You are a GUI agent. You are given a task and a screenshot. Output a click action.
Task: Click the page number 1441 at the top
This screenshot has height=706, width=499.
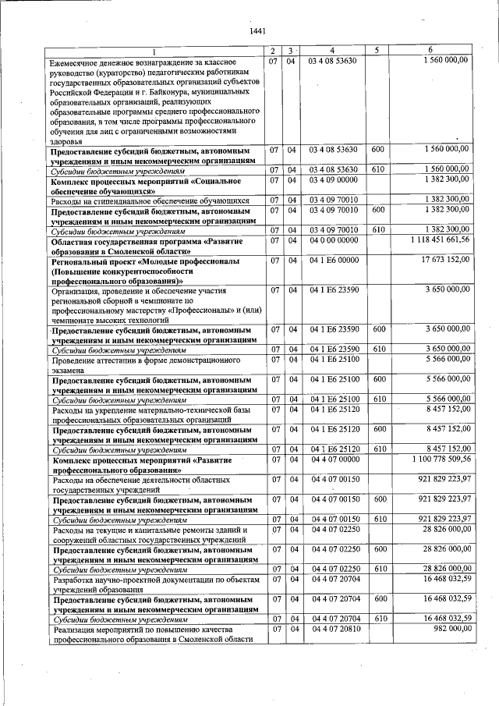point(257,31)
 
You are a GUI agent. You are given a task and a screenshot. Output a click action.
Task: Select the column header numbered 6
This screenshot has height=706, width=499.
point(441,51)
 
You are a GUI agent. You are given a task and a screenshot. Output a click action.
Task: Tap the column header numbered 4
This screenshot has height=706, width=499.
point(332,51)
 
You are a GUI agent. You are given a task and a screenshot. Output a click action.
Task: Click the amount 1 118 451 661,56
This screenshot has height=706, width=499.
point(441,241)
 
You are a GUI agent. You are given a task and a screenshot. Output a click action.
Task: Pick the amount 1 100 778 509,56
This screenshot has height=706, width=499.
point(441,459)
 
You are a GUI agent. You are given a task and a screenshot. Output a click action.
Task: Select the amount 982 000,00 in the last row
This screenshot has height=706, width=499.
point(450,629)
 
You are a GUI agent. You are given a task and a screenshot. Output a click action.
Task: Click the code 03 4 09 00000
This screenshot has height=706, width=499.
point(334,180)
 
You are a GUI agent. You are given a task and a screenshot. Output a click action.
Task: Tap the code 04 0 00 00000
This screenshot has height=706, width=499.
point(334,241)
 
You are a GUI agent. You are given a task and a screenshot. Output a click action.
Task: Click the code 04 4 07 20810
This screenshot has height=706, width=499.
point(334,629)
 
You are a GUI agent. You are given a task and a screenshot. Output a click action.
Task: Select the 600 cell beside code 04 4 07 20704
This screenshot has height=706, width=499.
point(378,598)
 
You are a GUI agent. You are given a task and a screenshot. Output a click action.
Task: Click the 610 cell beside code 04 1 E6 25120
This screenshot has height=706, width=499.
point(378,449)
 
